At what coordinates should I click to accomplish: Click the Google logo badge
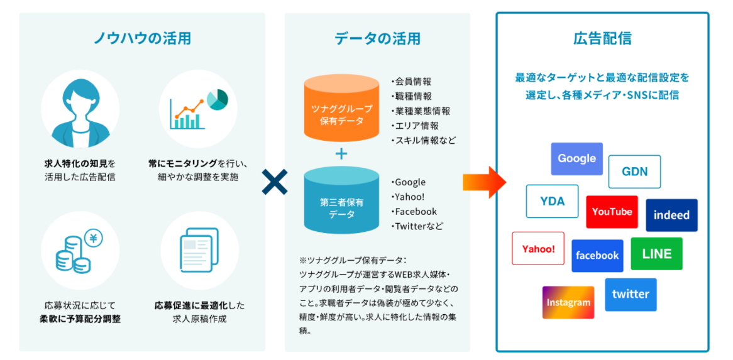pyautogui.click(x=576, y=159)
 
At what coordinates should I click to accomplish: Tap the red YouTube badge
pyautogui.click(x=612, y=212)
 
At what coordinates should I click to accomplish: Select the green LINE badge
pyautogui.click(x=656, y=254)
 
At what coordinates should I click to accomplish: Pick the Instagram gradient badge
pyautogui.click(x=568, y=303)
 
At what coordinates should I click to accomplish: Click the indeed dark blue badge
pyautogui.click(x=671, y=215)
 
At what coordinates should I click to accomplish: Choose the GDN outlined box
pyautogui.click(x=634, y=172)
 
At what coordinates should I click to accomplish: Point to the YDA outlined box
pyautogui.click(x=552, y=201)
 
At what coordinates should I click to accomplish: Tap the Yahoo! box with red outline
pyautogui.click(x=538, y=249)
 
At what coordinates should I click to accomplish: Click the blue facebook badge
pyautogui.click(x=597, y=256)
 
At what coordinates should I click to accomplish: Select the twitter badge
pyautogui.click(x=631, y=294)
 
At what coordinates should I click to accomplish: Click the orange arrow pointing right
pyautogui.click(x=484, y=182)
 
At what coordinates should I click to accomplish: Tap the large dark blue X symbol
pyautogui.click(x=275, y=182)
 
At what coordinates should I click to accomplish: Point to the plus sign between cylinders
pyautogui.click(x=341, y=154)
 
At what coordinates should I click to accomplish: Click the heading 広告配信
pyautogui.click(x=602, y=38)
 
